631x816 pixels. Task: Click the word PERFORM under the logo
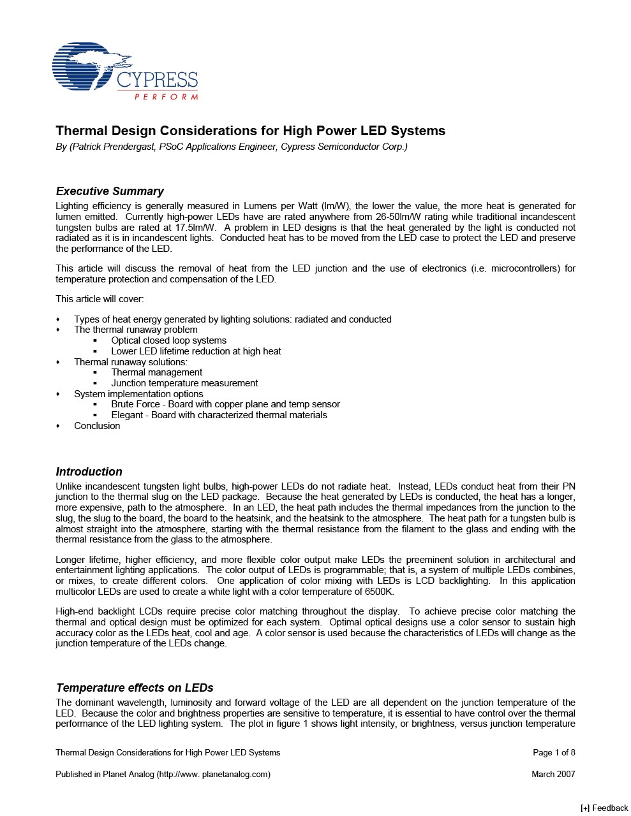(x=166, y=97)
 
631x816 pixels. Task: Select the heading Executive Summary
(x=110, y=191)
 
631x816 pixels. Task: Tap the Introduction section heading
(x=89, y=472)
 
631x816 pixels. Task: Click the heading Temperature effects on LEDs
(x=134, y=688)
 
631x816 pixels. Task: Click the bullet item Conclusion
(x=97, y=426)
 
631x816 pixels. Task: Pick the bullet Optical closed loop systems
(x=168, y=340)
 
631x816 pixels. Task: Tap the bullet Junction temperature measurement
(x=184, y=383)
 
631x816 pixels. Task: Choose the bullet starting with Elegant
(x=219, y=415)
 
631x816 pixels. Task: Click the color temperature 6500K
(x=375, y=592)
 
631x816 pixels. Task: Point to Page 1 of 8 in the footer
(x=554, y=752)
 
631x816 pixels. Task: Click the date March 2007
(x=553, y=774)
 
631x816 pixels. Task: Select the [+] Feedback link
(x=604, y=808)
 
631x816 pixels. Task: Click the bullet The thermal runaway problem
(x=135, y=330)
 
